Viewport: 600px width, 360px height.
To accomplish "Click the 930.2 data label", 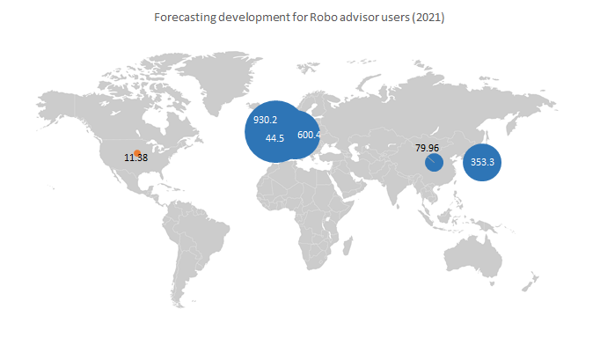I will [x=265, y=120].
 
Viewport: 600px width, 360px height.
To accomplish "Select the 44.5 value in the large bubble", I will [x=274, y=138].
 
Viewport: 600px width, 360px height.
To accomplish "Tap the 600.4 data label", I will [x=310, y=135].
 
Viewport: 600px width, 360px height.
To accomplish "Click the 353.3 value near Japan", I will [x=482, y=162].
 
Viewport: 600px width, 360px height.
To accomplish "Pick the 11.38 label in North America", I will [x=136, y=158].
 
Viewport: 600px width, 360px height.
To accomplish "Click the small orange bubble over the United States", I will [x=136, y=152].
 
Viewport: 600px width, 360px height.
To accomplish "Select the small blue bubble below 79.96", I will [x=433, y=163].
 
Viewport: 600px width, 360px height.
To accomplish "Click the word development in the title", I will [x=247, y=18].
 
